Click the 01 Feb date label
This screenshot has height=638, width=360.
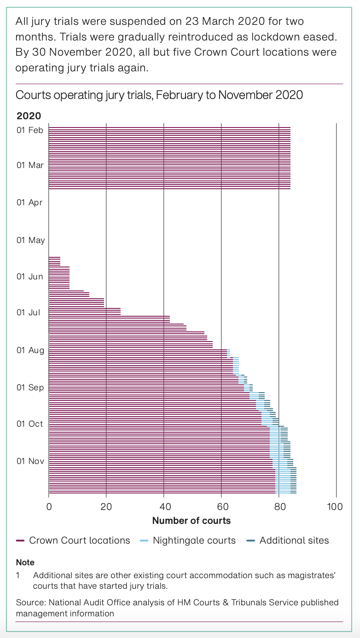[30, 130]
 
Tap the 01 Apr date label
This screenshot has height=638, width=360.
[30, 202]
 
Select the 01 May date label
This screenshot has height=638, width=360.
[30, 240]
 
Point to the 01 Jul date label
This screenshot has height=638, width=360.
[28, 313]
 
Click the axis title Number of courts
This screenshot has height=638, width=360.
[192, 521]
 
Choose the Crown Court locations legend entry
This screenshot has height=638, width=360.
[79, 540]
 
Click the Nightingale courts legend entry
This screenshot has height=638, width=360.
[194, 540]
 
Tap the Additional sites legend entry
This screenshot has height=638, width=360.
[294, 540]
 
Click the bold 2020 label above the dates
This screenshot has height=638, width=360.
[29, 116]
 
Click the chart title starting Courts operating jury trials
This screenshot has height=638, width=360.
[159, 95]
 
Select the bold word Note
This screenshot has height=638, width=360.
[25, 562]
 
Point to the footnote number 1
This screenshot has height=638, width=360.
[18, 575]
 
